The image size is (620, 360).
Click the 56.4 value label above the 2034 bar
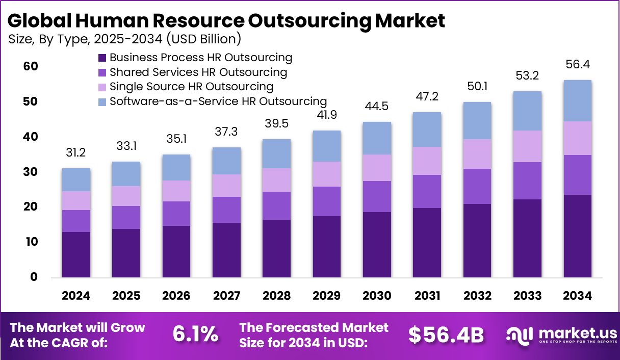[578, 65]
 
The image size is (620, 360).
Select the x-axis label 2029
[327, 296]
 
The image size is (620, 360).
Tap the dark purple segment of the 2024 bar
[76, 254]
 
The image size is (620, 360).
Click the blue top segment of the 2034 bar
[578, 101]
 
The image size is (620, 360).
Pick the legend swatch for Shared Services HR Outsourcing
[101, 72]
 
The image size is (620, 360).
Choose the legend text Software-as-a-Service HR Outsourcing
[218, 101]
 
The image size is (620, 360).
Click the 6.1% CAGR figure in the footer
[195, 335]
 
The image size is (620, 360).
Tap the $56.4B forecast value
[446, 335]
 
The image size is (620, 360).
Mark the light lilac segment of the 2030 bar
[377, 168]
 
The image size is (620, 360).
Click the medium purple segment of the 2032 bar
[477, 186]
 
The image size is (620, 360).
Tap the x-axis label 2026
[176, 296]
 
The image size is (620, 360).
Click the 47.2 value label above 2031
[427, 97]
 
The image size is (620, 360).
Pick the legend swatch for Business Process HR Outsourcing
[101, 58]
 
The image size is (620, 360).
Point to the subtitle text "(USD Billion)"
[205, 39]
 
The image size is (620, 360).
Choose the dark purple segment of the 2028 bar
[277, 249]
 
